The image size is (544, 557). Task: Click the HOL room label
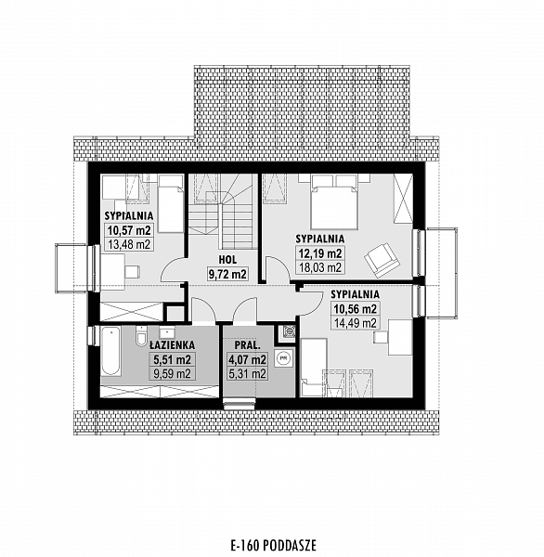[x=227, y=260]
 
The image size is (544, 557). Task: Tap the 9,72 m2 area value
[x=227, y=274]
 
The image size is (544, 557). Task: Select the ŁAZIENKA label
[x=172, y=344]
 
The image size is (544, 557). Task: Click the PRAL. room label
[x=248, y=345]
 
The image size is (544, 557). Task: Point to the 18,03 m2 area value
[x=320, y=267]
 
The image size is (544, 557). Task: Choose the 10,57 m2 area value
[x=129, y=230]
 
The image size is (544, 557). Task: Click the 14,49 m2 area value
[x=355, y=323]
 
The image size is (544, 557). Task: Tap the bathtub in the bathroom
[x=110, y=351]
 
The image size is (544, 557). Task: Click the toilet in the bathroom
[x=141, y=336]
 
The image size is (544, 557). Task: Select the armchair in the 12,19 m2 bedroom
[x=382, y=260]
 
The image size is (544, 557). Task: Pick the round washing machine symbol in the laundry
[x=283, y=358]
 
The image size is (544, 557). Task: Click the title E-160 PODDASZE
[x=273, y=545]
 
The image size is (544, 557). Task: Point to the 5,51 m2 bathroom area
[x=172, y=359]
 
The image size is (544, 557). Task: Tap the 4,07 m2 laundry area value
[x=248, y=360]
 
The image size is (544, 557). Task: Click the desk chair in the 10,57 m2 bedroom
[x=132, y=271]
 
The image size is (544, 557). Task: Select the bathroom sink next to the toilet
[x=167, y=332]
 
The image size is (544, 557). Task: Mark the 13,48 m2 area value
[x=129, y=244]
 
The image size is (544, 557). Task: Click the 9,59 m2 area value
[x=172, y=373]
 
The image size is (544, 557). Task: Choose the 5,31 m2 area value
[x=248, y=374]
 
